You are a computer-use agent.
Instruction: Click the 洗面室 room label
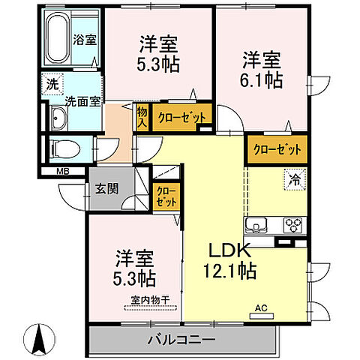(x=79, y=101)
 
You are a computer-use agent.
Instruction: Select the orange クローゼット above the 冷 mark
(x=277, y=148)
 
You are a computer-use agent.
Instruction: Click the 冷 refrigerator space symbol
(x=295, y=179)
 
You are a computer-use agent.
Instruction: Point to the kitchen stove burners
(x=292, y=224)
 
